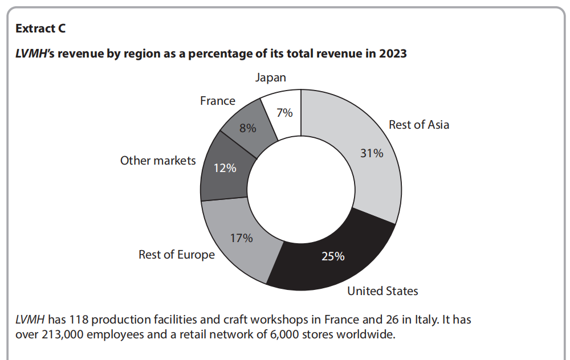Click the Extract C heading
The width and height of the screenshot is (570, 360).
40,28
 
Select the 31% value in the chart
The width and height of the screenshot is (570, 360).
372,153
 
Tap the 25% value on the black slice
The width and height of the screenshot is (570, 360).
333,256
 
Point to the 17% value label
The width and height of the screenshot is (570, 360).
241,238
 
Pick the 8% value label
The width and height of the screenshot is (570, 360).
247,128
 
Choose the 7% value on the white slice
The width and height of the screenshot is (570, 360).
284,113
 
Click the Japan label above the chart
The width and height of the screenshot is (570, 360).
271,77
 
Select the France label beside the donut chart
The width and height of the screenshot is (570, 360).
218,101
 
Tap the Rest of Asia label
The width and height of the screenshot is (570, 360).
419,125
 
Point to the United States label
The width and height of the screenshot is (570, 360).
382,291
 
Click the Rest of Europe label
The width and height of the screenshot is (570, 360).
177,255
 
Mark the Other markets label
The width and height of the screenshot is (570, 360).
158,161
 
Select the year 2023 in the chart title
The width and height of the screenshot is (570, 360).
392,54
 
